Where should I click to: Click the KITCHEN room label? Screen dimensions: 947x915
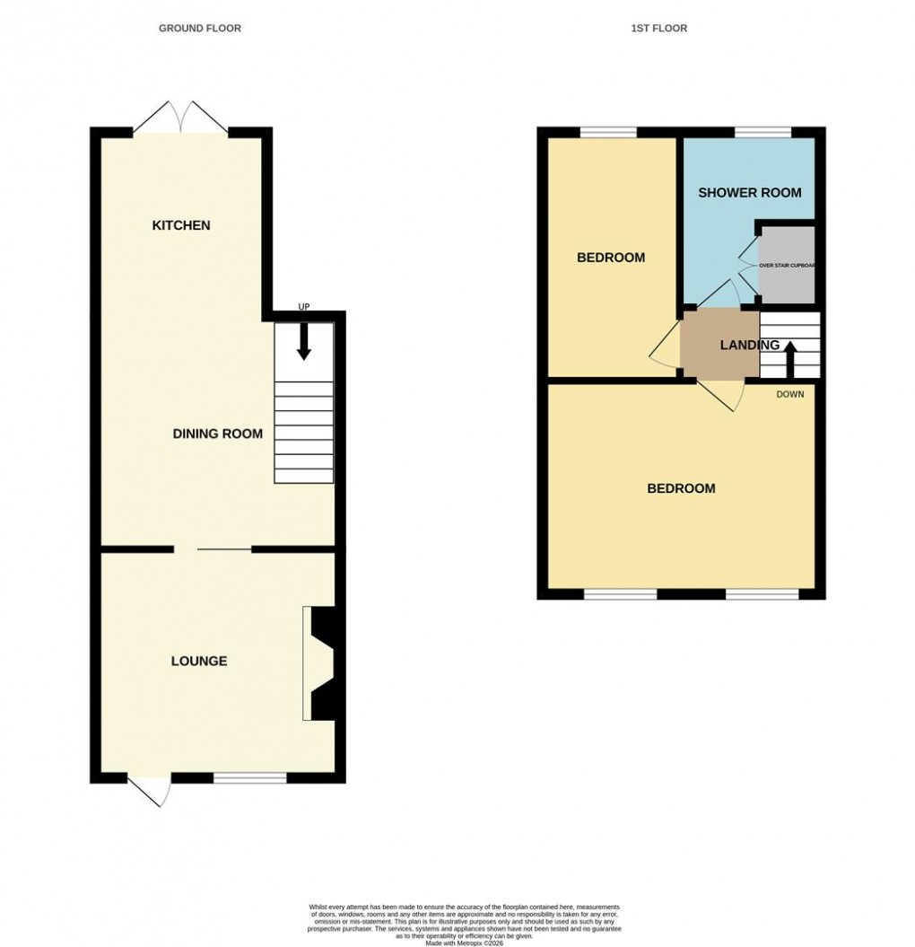pyautogui.click(x=181, y=225)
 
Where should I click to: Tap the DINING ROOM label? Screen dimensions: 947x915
pyautogui.click(x=218, y=434)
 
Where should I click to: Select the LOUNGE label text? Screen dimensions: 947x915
pyautogui.click(x=199, y=662)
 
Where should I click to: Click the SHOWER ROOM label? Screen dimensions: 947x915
pyautogui.click(x=749, y=192)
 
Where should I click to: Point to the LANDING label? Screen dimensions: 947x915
pyautogui.click(x=749, y=345)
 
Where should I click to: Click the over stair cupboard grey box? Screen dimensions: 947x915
pyautogui.click(x=787, y=265)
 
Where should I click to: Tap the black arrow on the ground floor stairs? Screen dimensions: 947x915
pyautogui.click(x=303, y=342)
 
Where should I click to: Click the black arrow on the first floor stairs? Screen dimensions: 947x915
pyautogui.click(x=790, y=359)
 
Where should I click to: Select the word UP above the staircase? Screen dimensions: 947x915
pyautogui.click(x=303, y=307)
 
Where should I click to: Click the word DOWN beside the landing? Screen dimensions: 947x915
pyautogui.click(x=790, y=394)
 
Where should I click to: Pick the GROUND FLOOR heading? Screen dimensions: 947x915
pyautogui.click(x=200, y=29)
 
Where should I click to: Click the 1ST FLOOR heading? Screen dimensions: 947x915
pyautogui.click(x=658, y=29)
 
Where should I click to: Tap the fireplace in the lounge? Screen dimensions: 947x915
pyautogui.click(x=319, y=663)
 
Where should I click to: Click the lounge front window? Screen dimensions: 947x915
pyautogui.click(x=249, y=777)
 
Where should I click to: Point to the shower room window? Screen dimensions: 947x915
pyautogui.click(x=763, y=133)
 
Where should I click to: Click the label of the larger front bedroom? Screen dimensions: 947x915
pyautogui.click(x=682, y=489)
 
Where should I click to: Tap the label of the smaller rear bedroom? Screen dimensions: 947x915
pyautogui.click(x=611, y=258)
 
